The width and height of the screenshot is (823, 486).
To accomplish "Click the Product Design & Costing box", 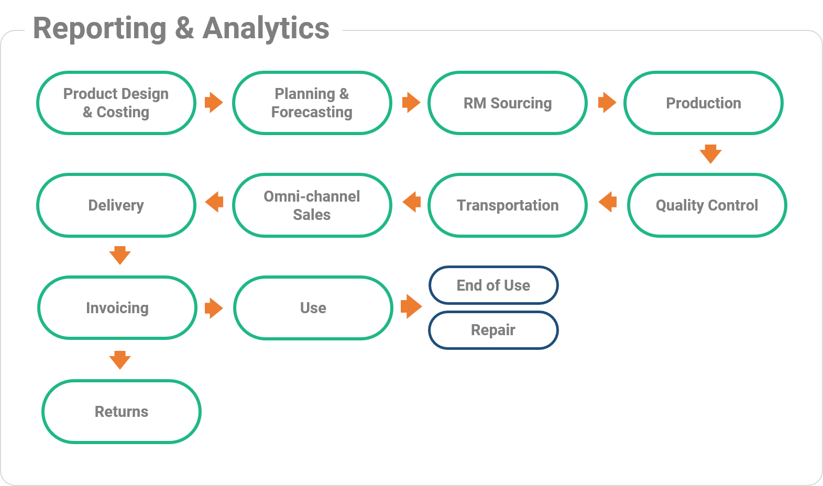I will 116,103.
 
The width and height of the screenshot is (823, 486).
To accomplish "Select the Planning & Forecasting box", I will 312,103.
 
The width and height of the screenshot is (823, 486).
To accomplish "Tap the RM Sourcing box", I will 508,103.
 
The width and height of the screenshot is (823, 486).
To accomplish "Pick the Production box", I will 704,103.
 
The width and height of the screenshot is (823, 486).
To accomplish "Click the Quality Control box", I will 707,205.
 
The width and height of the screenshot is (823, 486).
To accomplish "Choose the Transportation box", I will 508,205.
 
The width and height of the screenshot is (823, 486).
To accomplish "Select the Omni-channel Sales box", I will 312,205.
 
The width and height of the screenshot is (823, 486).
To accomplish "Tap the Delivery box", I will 116,205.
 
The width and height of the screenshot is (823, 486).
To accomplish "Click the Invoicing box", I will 117,307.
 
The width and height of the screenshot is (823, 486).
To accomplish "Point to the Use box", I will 313,307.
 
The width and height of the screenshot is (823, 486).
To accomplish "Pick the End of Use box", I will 493,285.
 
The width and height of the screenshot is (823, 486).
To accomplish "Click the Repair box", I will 493,330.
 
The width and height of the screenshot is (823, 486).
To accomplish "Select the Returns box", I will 122,411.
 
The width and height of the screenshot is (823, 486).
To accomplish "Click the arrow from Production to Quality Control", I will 710,154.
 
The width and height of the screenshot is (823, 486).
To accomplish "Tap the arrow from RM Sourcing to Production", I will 607,103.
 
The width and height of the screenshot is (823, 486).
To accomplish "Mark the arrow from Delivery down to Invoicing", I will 120,255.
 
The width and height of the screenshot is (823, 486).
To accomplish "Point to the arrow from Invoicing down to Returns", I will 120,360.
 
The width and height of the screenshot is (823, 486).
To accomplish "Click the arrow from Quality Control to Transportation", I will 608,202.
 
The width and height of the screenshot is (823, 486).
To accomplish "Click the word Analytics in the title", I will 266,28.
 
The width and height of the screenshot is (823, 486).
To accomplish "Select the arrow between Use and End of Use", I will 411,306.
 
